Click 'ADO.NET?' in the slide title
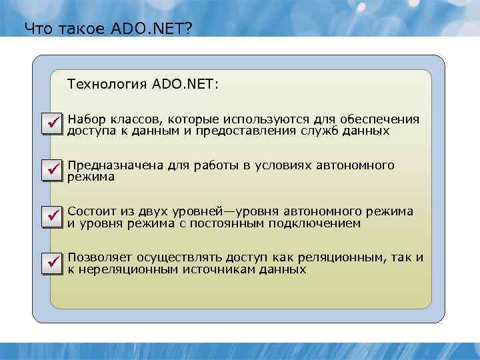coord(159,29)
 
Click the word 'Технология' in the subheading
coord(107,85)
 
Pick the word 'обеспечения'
coord(381,119)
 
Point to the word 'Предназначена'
coord(114,165)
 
